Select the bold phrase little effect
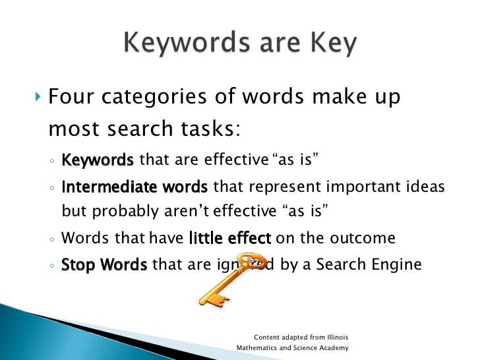229,238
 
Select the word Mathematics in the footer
259,347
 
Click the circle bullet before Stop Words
51,266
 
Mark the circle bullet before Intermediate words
51,189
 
